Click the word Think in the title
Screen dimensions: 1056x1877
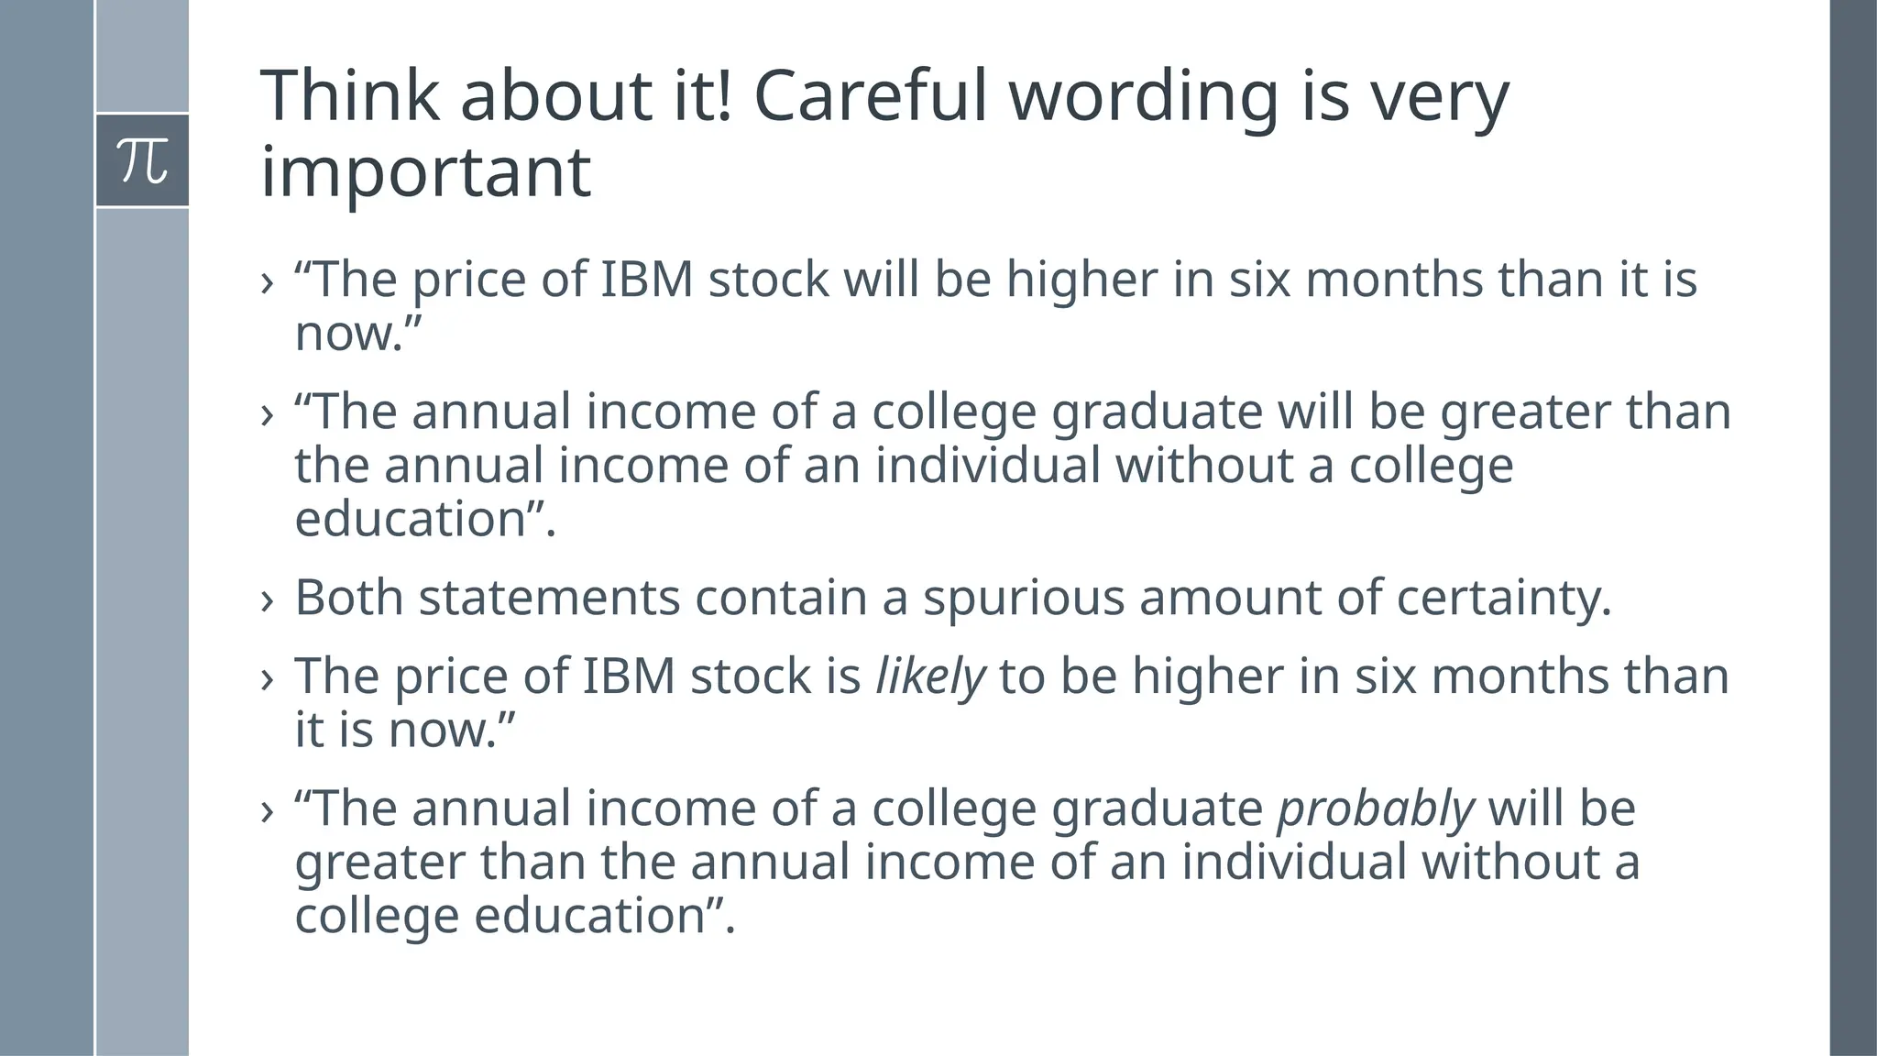350,95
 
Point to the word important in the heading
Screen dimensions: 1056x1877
425,173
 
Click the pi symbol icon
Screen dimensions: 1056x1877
143,160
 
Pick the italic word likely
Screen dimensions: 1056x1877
930,677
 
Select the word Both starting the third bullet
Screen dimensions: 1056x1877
348,598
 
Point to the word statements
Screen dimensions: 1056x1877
549,598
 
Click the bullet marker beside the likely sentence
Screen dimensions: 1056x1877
268,679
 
